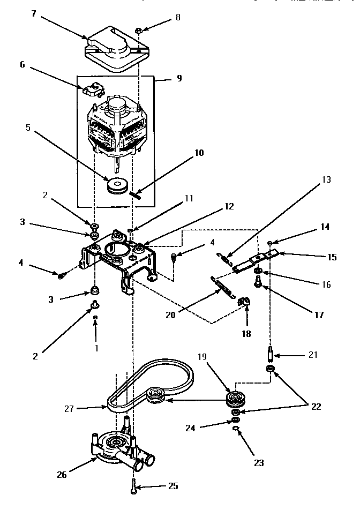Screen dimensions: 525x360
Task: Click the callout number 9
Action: pyautogui.click(x=179, y=78)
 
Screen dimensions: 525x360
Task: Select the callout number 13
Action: pyautogui.click(x=327, y=181)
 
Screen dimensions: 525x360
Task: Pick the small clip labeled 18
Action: pyautogui.click(x=242, y=304)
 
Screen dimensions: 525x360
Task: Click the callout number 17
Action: pyautogui.click(x=319, y=315)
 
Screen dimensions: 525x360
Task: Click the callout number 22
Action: pyautogui.click(x=316, y=407)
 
